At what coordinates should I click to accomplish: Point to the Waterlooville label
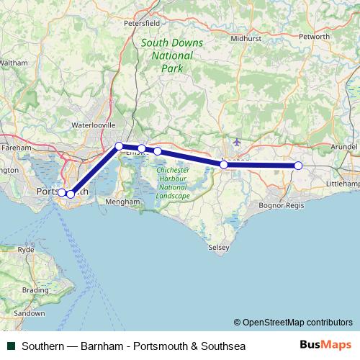click(93, 125)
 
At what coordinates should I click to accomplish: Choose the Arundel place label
click(344, 146)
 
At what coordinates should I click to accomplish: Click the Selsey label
click(218, 247)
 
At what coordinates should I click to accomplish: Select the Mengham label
click(121, 202)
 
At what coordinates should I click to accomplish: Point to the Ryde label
click(26, 249)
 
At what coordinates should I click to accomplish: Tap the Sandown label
click(29, 314)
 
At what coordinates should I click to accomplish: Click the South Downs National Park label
click(172, 55)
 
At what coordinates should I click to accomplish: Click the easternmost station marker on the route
click(298, 166)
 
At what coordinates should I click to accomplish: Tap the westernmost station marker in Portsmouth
click(62, 192)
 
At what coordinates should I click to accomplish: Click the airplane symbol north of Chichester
click(238, 141)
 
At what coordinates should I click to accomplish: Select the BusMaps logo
click(325, 346)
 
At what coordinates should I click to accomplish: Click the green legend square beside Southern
click(10, 346)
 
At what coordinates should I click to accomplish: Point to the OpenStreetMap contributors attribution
click(292, 323)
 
